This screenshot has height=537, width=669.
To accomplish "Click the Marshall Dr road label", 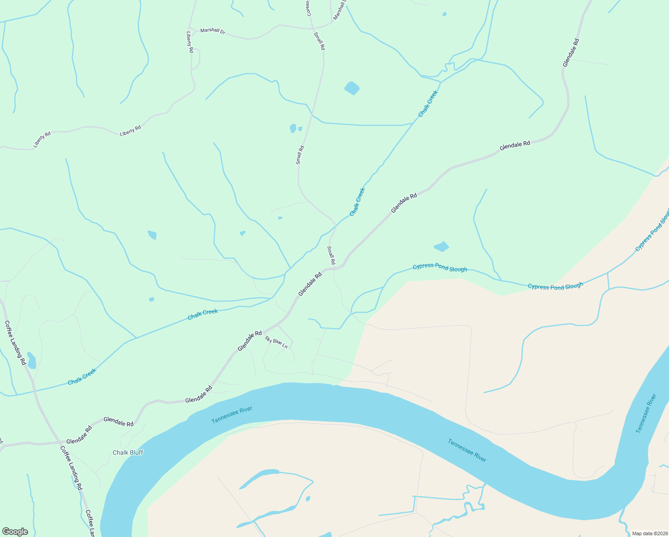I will tap(212, 31).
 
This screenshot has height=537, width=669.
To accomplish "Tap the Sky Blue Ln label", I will tap(276, 342).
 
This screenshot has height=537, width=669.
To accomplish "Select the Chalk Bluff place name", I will tap(128, 452).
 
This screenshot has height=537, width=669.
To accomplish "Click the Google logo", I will tap(15, 532).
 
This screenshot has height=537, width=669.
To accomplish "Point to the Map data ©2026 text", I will tap(649, 533).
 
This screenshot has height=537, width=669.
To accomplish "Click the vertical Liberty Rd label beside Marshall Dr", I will tap(190, 42).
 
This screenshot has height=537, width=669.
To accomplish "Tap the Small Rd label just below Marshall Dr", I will tap(319, 41).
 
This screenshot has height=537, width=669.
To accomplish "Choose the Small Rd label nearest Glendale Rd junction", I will tap(331, 255).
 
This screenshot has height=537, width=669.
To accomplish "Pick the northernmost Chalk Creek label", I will tap(428, 104).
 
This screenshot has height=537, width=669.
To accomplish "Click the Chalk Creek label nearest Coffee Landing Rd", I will tap(82, 377).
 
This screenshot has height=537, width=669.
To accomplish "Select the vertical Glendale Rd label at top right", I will tap(571, 53).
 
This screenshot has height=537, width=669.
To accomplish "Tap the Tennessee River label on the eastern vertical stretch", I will tap(646, 413).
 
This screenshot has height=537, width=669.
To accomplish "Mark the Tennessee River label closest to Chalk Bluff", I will tap(232, 415).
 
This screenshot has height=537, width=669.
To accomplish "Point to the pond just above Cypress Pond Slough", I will tap(441, 247).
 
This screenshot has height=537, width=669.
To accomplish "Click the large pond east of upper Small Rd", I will tap(352, 88).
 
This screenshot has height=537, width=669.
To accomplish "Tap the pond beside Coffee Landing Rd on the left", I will tap(31, 360).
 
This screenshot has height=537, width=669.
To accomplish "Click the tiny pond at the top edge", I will tap(444, 14).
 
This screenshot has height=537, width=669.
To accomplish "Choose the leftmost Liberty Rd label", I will tap(42, 140).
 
